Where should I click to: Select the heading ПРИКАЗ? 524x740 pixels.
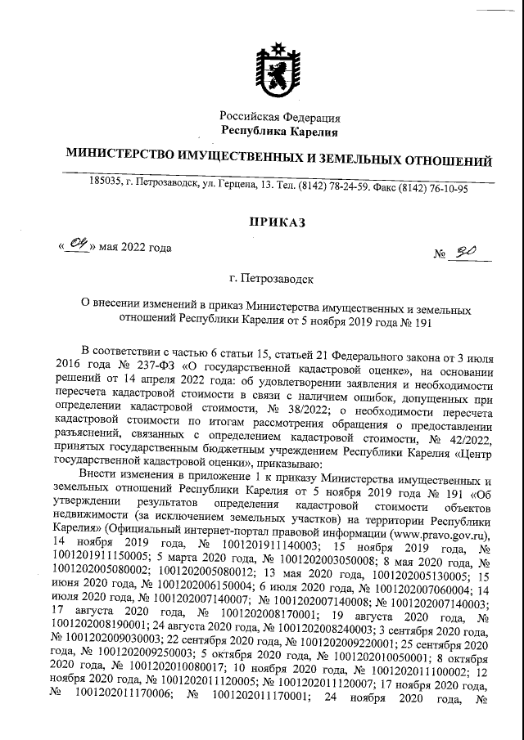click(276, 222)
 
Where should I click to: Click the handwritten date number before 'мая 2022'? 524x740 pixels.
click(79, 244)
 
